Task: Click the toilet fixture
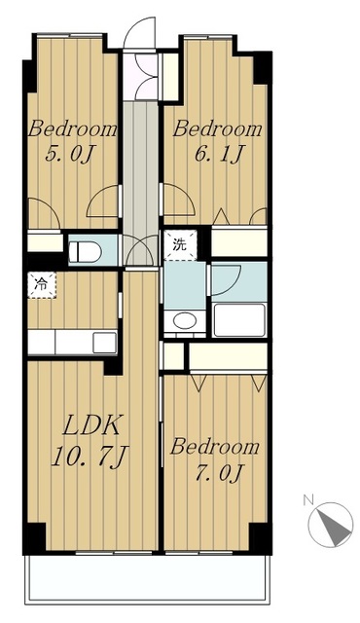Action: click(86, 251)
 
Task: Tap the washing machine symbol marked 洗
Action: click(180, 245)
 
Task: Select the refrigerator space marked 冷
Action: click(42, 285)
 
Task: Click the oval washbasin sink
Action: click(185, 320)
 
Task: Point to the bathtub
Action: click(239, 320)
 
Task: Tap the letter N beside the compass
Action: click(306, 500)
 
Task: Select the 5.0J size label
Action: click(70, 154)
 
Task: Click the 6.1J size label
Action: click(217, 154)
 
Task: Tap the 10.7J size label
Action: click(90, 457)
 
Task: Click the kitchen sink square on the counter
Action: click(104, 343)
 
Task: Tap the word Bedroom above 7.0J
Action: click(215, 447)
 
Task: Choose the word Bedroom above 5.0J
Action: click(72, 129)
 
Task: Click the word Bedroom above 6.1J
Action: click(217, 129)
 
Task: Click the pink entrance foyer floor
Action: click(140, 76)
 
